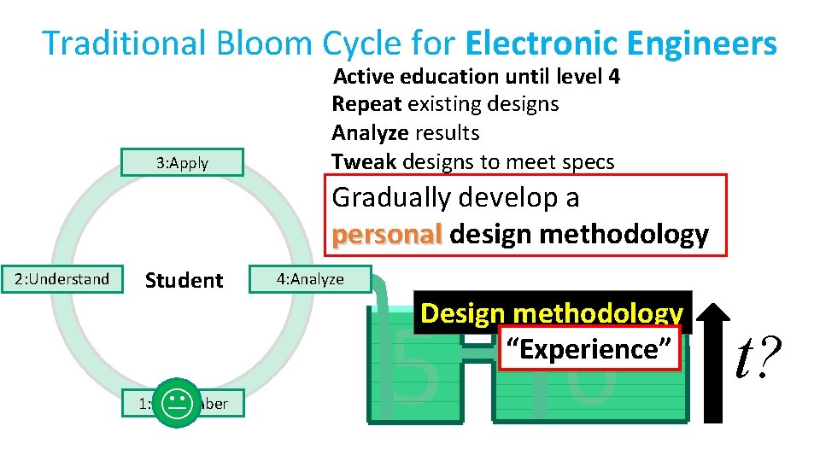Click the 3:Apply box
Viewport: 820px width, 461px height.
[x=182, y=163]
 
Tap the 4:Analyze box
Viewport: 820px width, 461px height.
[x=309, y=279]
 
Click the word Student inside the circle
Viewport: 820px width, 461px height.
[x=184, y=280]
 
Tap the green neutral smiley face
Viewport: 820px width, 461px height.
[x=177, y=402]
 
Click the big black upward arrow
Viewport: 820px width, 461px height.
[x=712, y=356]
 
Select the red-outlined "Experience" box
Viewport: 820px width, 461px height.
[x=589, y=349]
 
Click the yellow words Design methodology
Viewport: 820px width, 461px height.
[x=552, y=313]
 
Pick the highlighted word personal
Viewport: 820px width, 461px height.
[x=387, y=234]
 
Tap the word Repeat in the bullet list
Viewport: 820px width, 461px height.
[x=366, y=104]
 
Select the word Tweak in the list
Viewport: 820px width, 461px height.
[x=363, y=161]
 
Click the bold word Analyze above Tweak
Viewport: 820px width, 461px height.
[x=369, y=133]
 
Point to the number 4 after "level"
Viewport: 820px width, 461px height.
[x=613, y=77]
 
